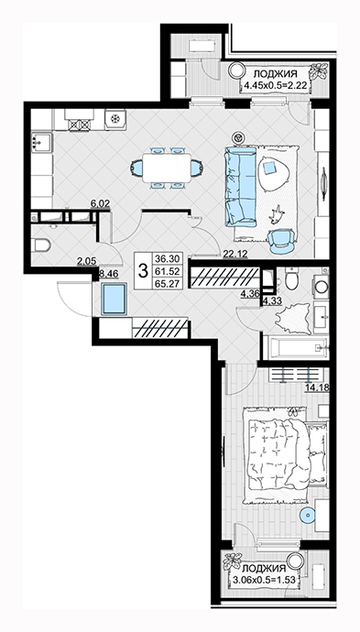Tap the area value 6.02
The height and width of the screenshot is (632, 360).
click(101, 204)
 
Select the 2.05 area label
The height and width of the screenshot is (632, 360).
click(87, 261)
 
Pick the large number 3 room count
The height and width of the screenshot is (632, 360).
click(143, 271)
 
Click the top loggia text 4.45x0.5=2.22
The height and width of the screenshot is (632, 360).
click(276, 84)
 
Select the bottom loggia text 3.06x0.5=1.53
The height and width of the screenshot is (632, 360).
click(265, 582)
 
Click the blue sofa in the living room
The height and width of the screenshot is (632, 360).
click(241, 187)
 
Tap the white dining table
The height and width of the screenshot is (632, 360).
click(168, 168)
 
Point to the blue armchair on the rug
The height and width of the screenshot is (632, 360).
click(282, 241)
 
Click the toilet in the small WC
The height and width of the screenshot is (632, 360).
click(40, 245)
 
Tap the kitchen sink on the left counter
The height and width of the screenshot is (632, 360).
click(40, 142)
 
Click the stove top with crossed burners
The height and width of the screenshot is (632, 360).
click(80, 125)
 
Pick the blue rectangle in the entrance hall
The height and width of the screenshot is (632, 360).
click(114, 299)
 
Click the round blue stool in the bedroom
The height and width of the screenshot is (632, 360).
click(307, 516)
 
